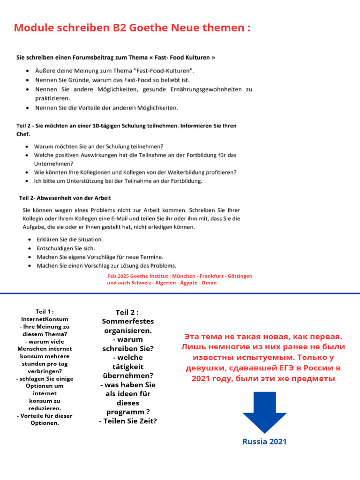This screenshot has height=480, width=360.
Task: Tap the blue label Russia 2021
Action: [264, 442]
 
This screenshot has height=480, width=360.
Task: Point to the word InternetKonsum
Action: [45, 319]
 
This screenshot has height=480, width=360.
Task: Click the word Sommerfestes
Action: [127, 321]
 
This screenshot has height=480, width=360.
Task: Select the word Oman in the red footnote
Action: [209, 283]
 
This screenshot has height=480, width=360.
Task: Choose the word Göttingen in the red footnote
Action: [239, 276]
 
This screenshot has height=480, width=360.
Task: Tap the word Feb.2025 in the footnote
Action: [117, 276]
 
